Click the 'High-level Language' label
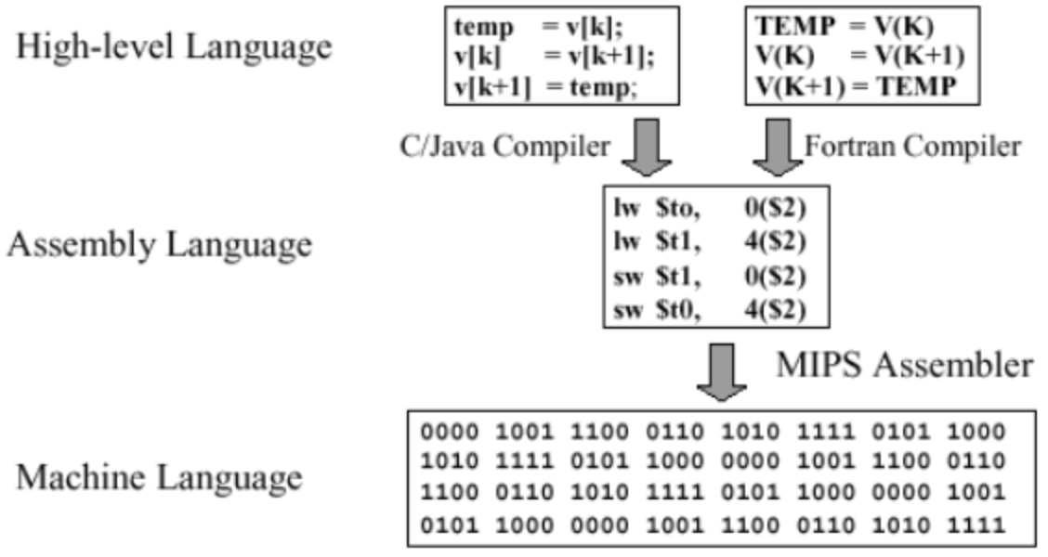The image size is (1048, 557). pyautogui.click(x=173, y=46)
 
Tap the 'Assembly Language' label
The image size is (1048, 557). pyautogui.click(x=159, y=245)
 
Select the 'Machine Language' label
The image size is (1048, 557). pyautogui.click(x=159, y=478)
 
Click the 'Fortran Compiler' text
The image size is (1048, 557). pyautogui.click(x=911, y=146)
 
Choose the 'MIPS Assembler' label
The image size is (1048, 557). pyautogui.click(x=904, y=365)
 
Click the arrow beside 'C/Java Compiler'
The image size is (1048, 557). pyautogui.click(x=646, y=147)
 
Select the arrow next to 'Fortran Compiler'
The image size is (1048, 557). pyautogui.click(x=777, y=147)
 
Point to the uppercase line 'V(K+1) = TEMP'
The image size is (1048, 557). pyautogui.click(x=856, y=87)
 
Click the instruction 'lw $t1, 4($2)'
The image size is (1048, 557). pyautogui.click(x=709, y=242)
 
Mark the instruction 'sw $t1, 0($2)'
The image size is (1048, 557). pyautogui.click(x=709, y=277)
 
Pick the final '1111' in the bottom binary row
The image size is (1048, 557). pyautogui.click(x=976, y=525)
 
